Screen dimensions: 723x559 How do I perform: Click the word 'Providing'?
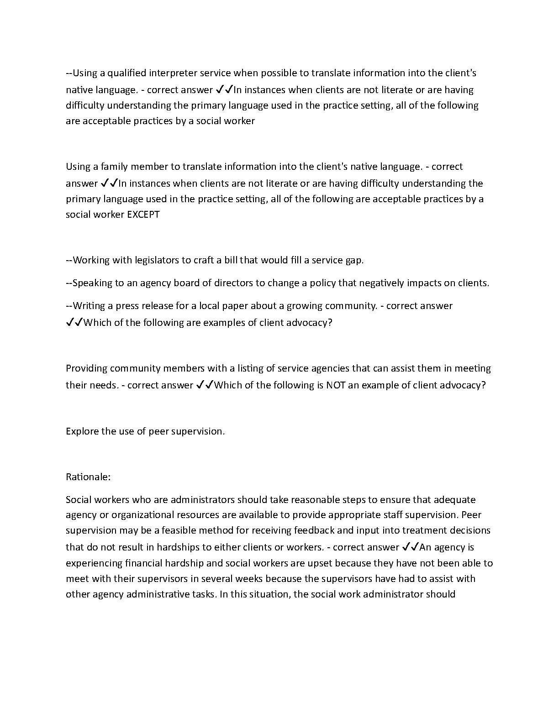86,368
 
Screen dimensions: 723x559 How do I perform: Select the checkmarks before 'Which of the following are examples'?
74,323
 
